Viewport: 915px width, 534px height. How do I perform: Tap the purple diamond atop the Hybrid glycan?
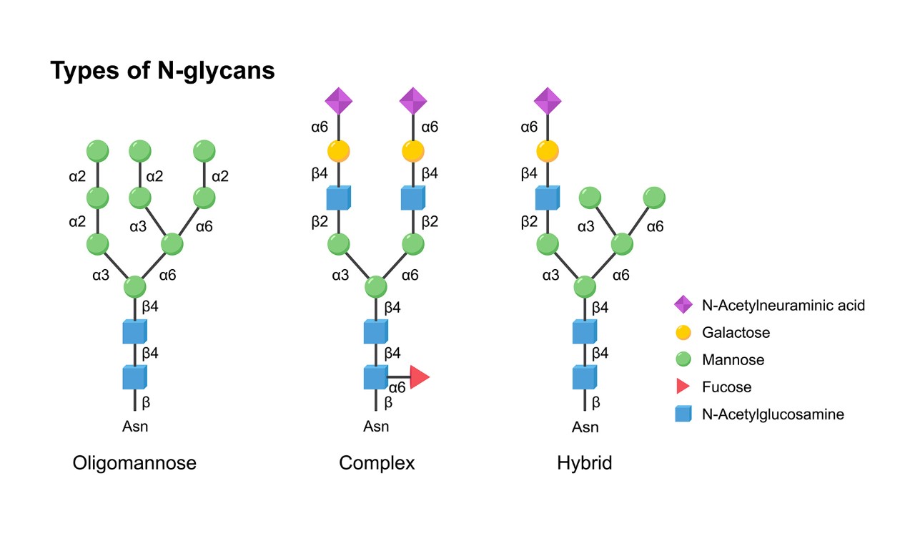coord(548,101)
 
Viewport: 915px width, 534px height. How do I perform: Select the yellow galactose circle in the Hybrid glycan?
coord(548,151)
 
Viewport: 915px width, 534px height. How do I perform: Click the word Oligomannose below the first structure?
coord(134,463)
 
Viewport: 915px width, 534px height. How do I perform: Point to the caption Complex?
coord(377,463)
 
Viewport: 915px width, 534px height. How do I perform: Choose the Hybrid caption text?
coord(585,463)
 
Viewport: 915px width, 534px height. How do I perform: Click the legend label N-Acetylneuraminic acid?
coord(783,306)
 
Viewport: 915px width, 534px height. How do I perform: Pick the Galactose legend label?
coord(736,332)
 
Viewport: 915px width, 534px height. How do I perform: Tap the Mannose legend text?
coord(733,360)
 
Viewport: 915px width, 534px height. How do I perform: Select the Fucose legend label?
coord(727,387)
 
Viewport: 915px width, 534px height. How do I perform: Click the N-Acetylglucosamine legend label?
coord(773,414)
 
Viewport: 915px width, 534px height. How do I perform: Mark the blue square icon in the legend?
coord(683,413)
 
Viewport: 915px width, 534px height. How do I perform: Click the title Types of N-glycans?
coord(162,70)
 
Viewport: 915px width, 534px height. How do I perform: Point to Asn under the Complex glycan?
coord(376,427)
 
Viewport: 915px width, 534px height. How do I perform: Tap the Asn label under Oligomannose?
coord(135,427)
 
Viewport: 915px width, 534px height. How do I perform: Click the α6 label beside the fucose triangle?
coord(397,388)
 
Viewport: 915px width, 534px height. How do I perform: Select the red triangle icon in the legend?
coord(683,387)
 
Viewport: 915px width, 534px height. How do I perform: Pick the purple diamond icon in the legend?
coord(683,304)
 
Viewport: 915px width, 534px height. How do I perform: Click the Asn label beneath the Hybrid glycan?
coord(585,427)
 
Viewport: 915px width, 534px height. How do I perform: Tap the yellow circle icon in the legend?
coord(683,332)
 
